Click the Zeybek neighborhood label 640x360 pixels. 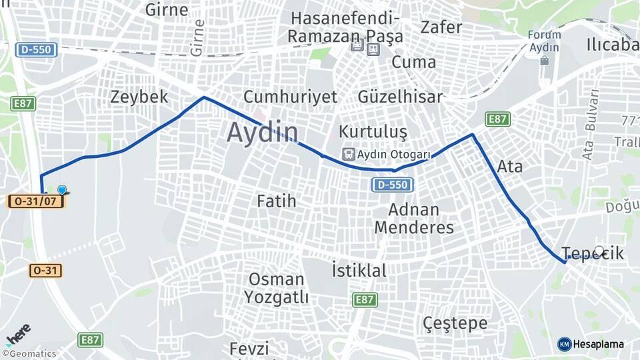pyautogui.click(x=139, y=97)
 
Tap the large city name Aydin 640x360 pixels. pyautogui.click(x=261, y=132)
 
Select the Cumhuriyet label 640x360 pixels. pyautogui.click(x=290, y=97)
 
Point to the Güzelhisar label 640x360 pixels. pyautogui.click(x=400, y=97)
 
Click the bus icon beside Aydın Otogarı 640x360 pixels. pyautogui.click(x=348, y=154)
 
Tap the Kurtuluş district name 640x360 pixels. pyautogui.click(x=372, y=131)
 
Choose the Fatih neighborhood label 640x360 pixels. pyautogui.click(x=276, y=200)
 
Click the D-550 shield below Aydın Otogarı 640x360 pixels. pyautogui.click(x=393, y=185)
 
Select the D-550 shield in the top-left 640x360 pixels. pyautogui.click(x=37, y=49)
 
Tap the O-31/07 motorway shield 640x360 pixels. pyautogui.click(x=35, y=201)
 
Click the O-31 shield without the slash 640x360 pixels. pyautogui.click(x=46, y=271)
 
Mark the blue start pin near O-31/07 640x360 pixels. pyautogui.click(x=62, y=191)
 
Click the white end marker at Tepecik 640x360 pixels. pyautogui.click(x=599, y=251)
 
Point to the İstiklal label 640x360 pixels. pyautogui.click(x=359, y=271)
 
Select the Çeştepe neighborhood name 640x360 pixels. pyautogui.click(x=455, y=324)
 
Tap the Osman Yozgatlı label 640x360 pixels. pyautogui.click(x=276, y=287)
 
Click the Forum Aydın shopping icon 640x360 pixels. pyautogui.click(x=545, y=61)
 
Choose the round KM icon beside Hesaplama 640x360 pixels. pyautogui.click(x=564, y=344)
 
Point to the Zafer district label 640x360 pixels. pyautogui.click(x=441, y=27)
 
